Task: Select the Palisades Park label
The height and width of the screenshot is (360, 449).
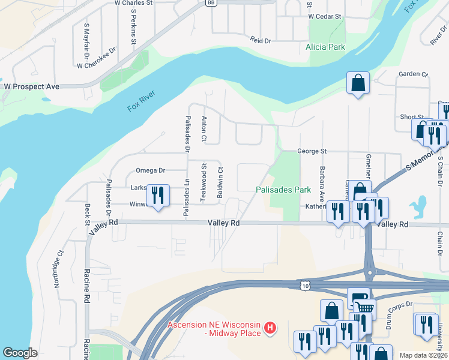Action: [x=283, y=190]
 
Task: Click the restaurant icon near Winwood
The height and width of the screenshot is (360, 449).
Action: [x=158, y=195]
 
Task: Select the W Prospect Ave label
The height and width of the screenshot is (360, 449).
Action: [x=32, y=86]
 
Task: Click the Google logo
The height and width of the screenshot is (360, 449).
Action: [x=20, y=352]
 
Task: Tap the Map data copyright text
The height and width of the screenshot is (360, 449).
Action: [x=423, y=355]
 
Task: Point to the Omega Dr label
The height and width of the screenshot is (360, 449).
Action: [x=150, y=170]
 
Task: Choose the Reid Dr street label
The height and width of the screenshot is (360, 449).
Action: [x=261, y=40]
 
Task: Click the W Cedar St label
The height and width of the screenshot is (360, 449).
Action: [x=325, y=17]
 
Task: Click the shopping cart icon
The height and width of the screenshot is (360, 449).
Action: [x=364, y=310]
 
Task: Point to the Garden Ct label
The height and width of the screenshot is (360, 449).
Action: [x=413, y=74]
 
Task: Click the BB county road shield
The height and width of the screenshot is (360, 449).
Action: [x=210, y=2]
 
